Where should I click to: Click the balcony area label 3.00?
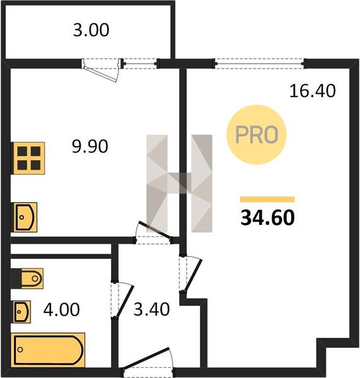pos(91,30)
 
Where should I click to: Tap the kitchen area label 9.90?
pos(90,146)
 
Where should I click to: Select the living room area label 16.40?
pos(313,91)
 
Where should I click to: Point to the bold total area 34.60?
pos(267,217)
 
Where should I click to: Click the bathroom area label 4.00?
pos(62,309)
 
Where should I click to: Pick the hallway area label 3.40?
pos(151,309)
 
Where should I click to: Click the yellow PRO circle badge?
pos(256,135)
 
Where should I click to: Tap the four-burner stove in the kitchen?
pos(28,158)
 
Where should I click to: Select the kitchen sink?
pos(25,217)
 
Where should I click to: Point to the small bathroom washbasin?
pos(21,312)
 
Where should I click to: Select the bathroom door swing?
pos(124,301)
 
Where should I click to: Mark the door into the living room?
pos(192,275)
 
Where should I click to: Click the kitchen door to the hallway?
pos(153,231)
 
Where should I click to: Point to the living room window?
pos(260,64)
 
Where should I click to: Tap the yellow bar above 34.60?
pos(267,199)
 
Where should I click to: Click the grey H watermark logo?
pos(179,183)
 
